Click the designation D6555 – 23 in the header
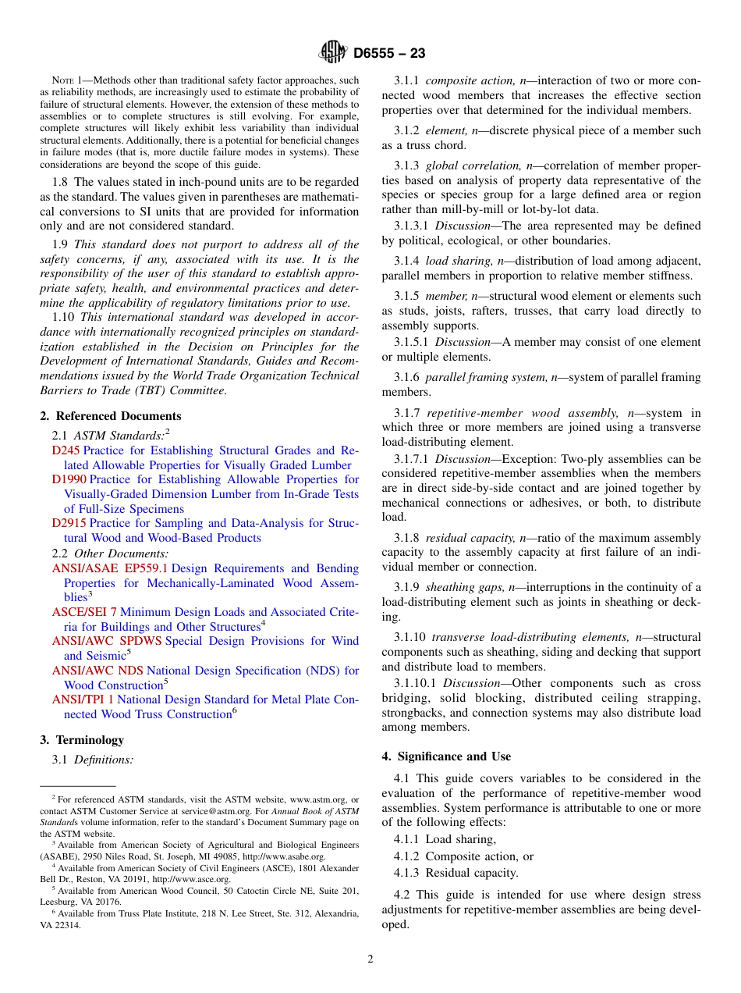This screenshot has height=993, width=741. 389,54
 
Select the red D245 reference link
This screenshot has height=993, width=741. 66,450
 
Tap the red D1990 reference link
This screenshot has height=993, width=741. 69,479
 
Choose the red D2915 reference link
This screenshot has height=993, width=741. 69,523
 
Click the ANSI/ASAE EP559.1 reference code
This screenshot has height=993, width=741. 109,568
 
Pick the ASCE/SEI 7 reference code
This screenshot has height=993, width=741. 84,612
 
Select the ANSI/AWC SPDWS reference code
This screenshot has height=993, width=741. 107,641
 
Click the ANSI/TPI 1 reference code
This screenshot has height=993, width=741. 83,699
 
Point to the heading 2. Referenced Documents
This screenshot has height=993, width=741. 110,416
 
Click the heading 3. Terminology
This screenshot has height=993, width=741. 81,739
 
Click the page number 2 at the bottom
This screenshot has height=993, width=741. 370,959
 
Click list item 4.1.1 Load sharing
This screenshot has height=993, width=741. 445,839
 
